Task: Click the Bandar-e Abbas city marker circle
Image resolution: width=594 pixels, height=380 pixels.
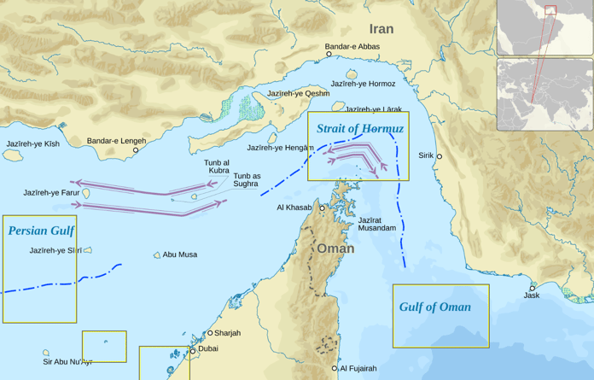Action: (329, 54)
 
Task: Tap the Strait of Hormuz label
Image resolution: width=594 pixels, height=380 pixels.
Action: (359, 129)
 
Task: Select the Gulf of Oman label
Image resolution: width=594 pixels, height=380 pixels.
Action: (434, 307)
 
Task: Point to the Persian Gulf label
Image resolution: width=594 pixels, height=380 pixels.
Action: (40, 231)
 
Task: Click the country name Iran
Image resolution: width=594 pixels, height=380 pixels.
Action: (381, 29)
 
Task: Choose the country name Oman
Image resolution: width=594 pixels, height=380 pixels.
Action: (335, 248)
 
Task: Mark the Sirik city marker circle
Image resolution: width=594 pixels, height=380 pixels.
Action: (440, 156)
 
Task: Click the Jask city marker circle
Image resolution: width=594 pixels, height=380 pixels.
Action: (533, 288)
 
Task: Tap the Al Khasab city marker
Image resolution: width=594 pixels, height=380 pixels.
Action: (323, 208)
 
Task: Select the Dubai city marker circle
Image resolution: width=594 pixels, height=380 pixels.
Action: (193, 350)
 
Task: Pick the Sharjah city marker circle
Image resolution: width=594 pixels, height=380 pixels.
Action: (210, 333)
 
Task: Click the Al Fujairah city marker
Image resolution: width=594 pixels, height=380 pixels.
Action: (335, 369)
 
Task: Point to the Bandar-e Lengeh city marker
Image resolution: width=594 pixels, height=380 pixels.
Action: (135, 150)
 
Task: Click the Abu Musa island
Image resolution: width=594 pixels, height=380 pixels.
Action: (157, 255)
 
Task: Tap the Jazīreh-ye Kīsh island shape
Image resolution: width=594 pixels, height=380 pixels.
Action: (12, 156)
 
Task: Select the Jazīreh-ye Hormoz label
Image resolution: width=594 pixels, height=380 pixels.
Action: (363, 84)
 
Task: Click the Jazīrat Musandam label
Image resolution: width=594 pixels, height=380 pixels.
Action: (376, 225)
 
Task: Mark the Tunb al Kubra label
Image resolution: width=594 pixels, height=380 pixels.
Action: (217, 167)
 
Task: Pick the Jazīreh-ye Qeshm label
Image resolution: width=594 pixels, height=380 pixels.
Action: (298, 93)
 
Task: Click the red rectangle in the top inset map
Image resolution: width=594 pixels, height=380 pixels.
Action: (550, 10)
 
